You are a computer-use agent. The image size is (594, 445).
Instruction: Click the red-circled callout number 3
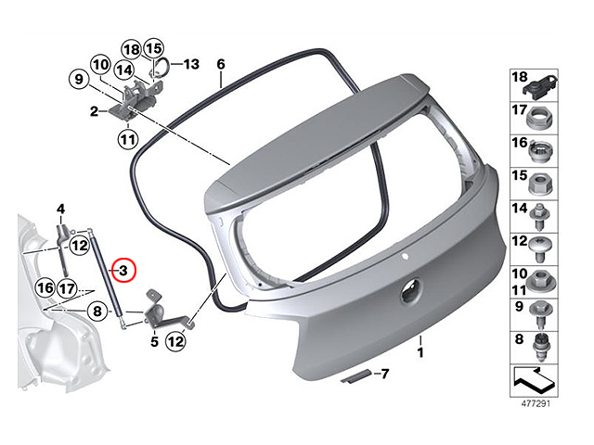pyautogui.click(x=123, y=271)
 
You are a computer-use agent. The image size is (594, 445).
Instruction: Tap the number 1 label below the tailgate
pyautogui.click(x=420, y=353)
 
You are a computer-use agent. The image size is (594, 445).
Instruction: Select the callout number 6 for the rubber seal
pyautogui.click(x=221, y=64)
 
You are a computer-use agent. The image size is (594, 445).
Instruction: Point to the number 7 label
pyautogui.click(x=384, y=374)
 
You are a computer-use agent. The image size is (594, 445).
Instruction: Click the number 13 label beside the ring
pyautogui.click(x=191, y=64)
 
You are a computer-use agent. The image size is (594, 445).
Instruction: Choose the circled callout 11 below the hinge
pyautogui.click(x=128, y=140)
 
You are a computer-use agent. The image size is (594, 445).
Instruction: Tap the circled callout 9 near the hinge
pyautogui.click(x=79, y=80)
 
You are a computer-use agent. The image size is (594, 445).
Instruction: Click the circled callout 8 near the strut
pyautogui.click(x=97, y=311)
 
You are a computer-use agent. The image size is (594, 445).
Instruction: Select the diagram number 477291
pyautogui.click(x=536, y=404)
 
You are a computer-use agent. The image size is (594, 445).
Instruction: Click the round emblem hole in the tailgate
pyautogui.click(x=410, y=290)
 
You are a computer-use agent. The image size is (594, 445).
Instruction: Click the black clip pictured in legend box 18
pyautogui.click(x=539, y=89)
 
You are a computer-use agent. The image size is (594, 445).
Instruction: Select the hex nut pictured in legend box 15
pyautogui.click(x=539, y=184)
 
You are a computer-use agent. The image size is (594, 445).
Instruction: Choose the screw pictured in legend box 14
pyautogui.click(x=539, y=217)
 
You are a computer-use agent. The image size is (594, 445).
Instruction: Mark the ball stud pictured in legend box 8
pyautogui.click(x=540, y=349)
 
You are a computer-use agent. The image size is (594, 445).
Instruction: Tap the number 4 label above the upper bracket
pyautogui.click(x=60, y=209)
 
